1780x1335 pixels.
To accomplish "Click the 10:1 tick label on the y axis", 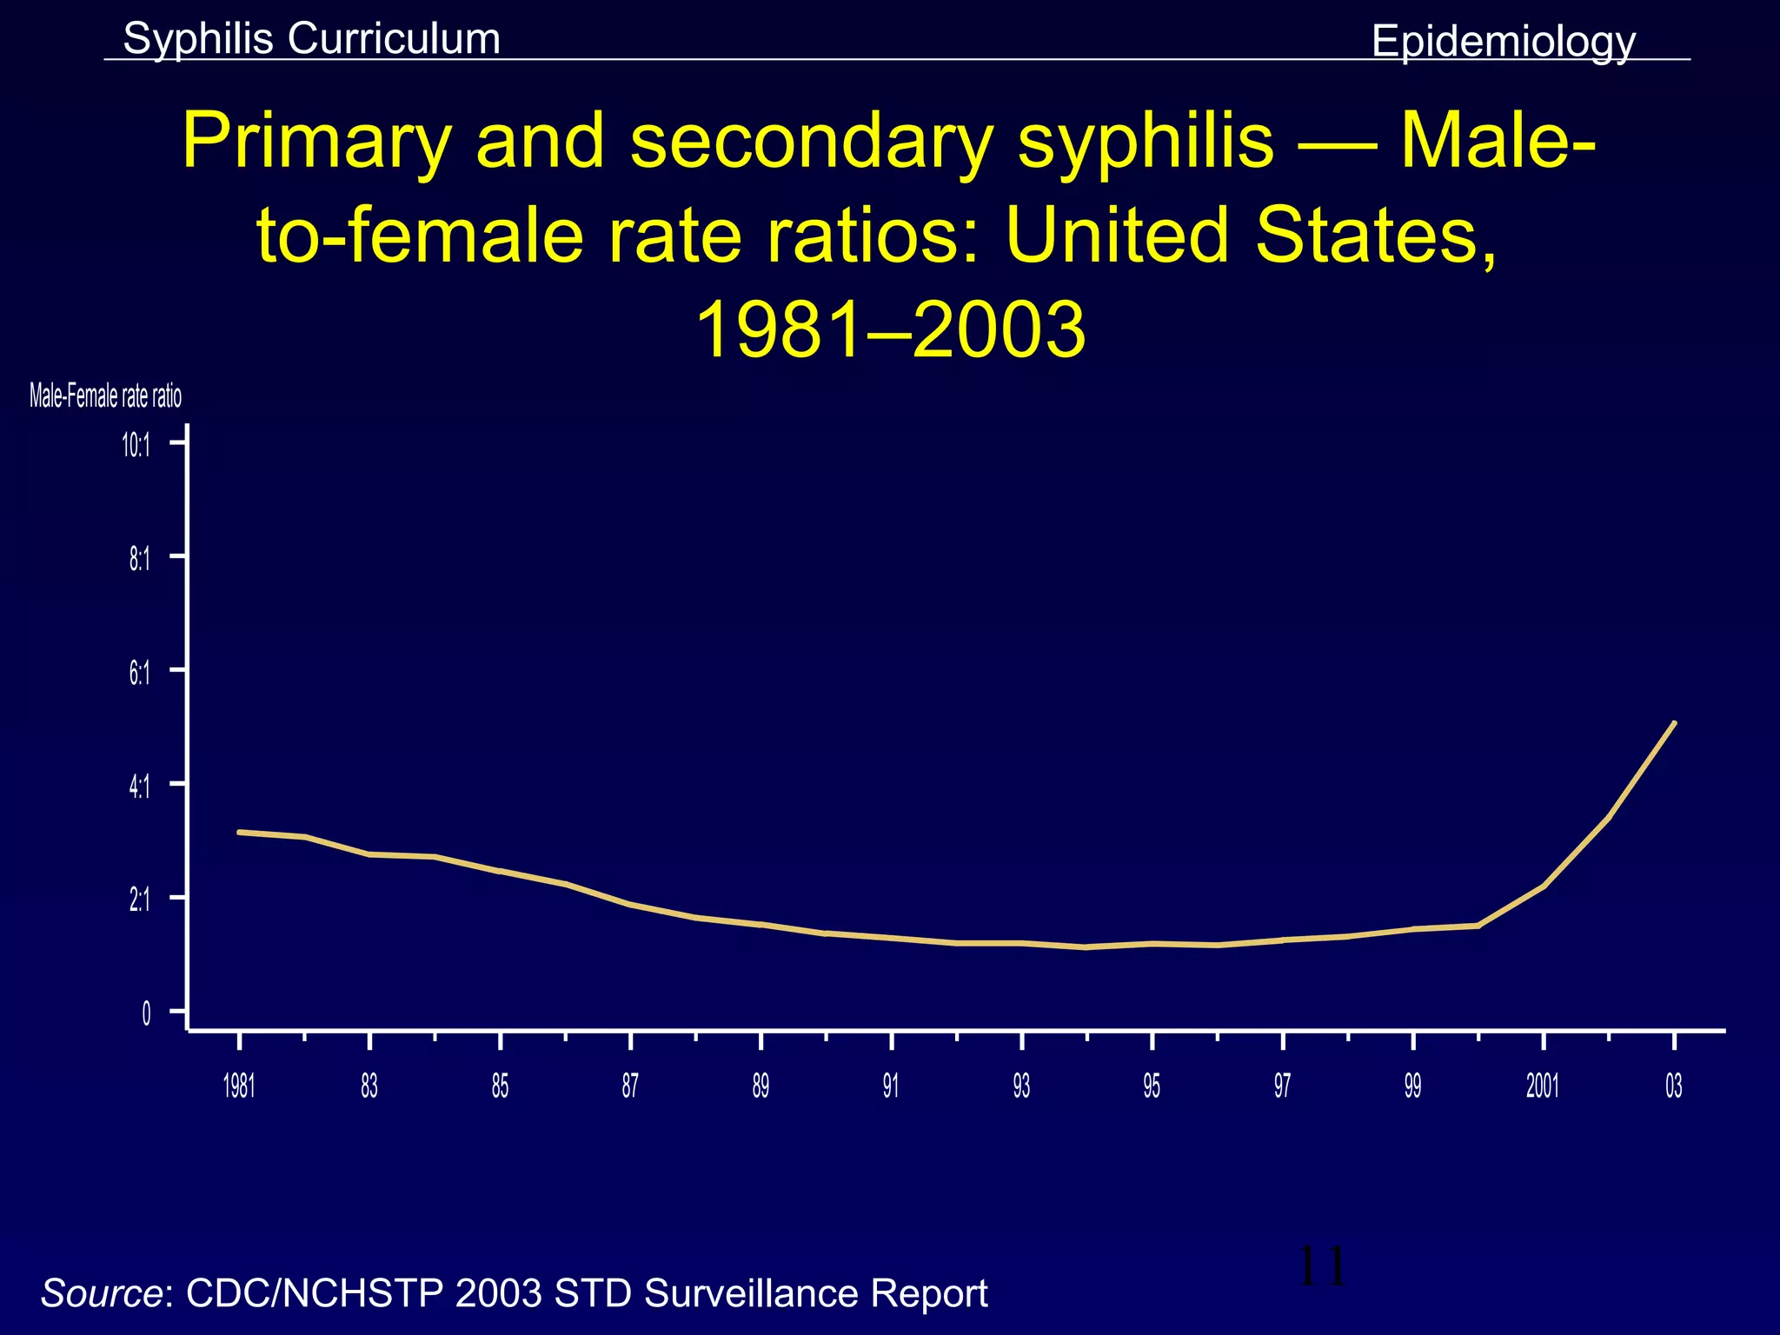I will click(x=136, y=447).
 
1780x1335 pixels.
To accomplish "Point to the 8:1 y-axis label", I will click(x=139, y=560).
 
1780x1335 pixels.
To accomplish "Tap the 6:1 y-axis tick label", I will click(x=139, y=673).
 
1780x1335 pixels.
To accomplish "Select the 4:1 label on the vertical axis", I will click(x=139, y=787).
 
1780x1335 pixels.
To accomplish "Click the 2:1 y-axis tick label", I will click(x=139, y=900).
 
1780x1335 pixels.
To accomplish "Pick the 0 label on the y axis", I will click(x=146, y=1013).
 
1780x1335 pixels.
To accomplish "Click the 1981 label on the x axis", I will click(x=239, y=1086).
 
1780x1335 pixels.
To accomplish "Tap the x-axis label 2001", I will click(x=1543, y=1086).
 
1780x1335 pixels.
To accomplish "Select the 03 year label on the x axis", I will click(x=1673, y=1086).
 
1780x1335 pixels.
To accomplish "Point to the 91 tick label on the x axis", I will click(x=891, y=1086).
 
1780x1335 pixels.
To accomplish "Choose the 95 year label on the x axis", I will click(x=1152, y=1086).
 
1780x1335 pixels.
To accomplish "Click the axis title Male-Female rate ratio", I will click(x=105, y=397).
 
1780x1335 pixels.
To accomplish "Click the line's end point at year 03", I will click(x=1674, y=723).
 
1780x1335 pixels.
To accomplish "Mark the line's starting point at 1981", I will click(x=240, y=832).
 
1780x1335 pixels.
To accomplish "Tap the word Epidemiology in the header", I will click(x=1503, y=42).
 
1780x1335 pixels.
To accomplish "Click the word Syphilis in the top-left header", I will click(x=198, y=39).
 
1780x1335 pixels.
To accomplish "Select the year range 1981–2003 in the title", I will click(x=890, y=330).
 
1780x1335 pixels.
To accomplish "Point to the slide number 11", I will click(x=1321, y=1266).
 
